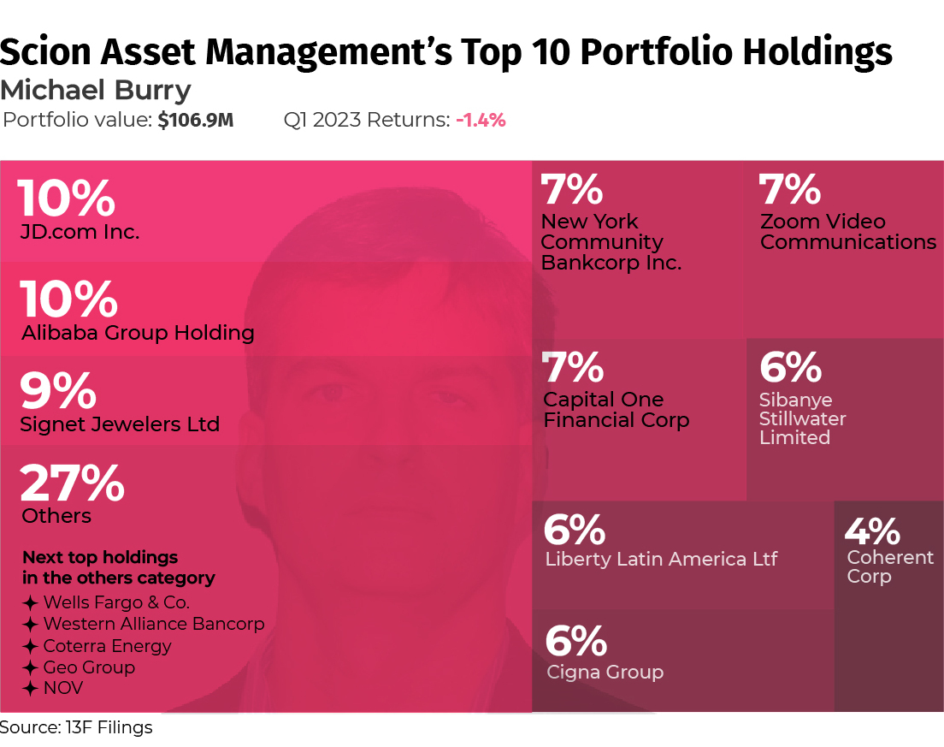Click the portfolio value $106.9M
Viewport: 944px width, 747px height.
tap(195, 121)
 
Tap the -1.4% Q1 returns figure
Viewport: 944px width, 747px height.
tap(481, 121)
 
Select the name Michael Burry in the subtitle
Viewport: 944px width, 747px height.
tap(96, 90)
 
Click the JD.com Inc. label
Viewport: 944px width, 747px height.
tap(80, 232)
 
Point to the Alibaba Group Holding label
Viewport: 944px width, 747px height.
tap(138, 333)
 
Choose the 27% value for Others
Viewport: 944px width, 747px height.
tap(72, 483)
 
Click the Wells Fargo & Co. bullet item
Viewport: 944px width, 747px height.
tap(116, 602)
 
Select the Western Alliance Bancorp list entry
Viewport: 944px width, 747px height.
tap(154, 624)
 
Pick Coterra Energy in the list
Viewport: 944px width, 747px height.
tap(107, 646)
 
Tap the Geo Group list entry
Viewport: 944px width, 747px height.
tap(89, 667)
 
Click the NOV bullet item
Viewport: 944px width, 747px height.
tap(63, 688)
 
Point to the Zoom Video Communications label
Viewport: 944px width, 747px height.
tap(847, 232)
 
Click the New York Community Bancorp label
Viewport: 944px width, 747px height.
tap(611, 242)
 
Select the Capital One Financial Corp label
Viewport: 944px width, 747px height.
tap(616, 410)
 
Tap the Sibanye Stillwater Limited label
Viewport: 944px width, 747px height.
tap(802, 418)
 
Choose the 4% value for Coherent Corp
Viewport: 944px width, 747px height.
tap(872, 531)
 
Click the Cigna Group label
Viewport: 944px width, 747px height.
tap(605, 673)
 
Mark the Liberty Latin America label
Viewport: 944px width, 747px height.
tap(661, 560)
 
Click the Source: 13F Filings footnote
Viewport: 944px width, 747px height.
tap(76, 728)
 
